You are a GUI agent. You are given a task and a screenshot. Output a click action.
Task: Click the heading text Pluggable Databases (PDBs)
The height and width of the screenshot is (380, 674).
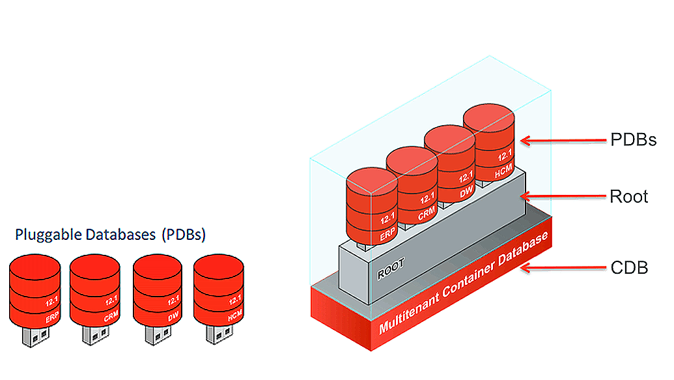point(110,235)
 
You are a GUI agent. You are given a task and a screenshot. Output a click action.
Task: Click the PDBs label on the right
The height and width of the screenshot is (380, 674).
point(632,140)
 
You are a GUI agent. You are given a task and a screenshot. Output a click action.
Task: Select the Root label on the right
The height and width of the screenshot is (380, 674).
point(628,196)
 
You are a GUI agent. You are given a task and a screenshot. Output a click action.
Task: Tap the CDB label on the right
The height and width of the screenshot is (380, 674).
point(628,267)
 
